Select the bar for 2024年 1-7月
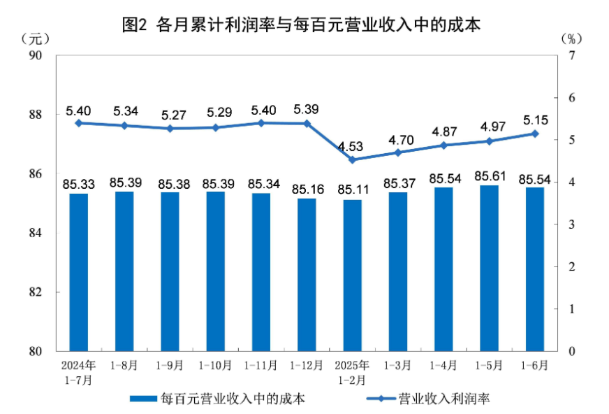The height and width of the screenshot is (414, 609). coord(79,272)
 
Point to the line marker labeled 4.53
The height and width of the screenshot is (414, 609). coord(353,159)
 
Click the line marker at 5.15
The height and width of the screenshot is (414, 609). coord(536,134)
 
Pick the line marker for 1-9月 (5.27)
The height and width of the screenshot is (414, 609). coord(170,128)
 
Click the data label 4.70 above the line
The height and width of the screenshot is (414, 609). coord(399,138)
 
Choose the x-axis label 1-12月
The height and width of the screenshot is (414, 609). coord(307,365)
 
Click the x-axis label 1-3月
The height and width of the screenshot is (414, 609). coord(399,365)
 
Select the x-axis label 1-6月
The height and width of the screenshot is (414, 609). coord(536,365)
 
